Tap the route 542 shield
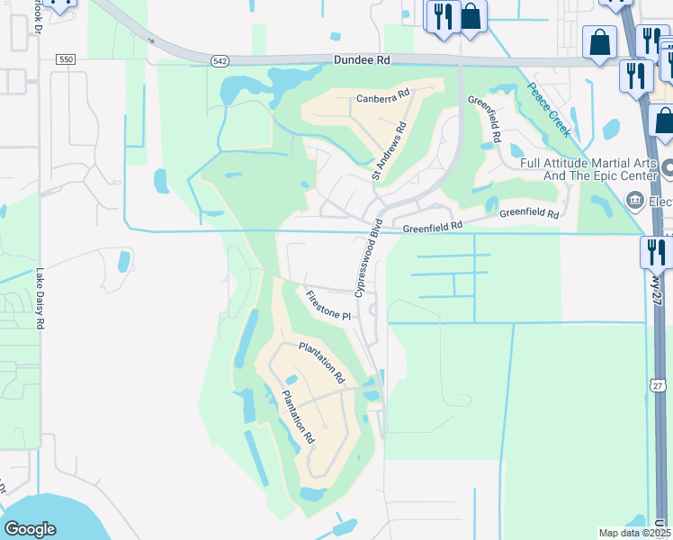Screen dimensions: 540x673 (220, 60)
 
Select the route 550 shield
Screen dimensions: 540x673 (65, 58)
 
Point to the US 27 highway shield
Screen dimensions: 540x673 (659, 385)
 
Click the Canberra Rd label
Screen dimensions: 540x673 (382, 95)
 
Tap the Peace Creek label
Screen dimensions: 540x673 (548, 109)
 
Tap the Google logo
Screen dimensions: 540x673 (30, 528)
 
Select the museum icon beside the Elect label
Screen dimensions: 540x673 (635, 200)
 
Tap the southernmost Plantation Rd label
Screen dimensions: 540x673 (298, 416)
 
